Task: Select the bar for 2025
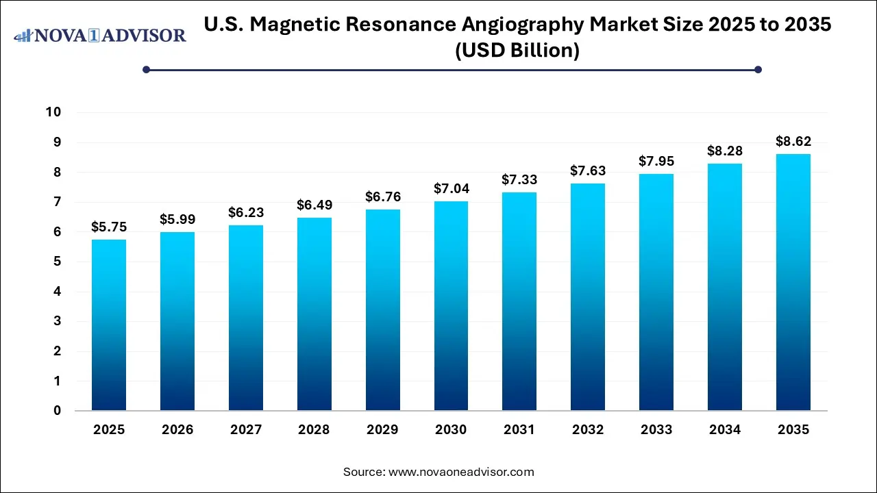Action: [x=109, y=325]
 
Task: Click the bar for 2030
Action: [x=451, y=306]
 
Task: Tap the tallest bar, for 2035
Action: [x=793, y=282]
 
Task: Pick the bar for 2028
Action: [x=314, y=314]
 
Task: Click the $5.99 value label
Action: [x=177, y=219]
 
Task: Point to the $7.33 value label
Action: [x=519, y=179]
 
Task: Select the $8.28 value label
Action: [x=725, y=151]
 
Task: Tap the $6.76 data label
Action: [x=382, y=197]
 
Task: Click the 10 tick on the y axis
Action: [x=53, y=112]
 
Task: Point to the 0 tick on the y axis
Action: [x=58, y=411]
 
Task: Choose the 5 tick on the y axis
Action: [x=58, y=262]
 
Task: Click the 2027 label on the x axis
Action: [x=245, y=430]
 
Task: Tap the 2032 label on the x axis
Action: [x=588, y=430]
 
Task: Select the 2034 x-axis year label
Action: [x=725, y=430]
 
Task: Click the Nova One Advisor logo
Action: [x=100, y=35]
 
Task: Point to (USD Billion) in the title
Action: [x=518, y=51]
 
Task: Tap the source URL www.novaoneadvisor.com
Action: [x=461, y=472]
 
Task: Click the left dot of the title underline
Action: [x=146, y=69]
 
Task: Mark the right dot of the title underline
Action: [x=758, y=69]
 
